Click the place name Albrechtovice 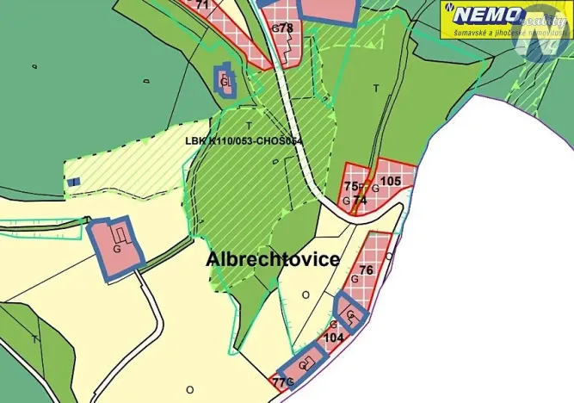coord(274,259)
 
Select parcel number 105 coord(391,181)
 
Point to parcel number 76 coord(366,270)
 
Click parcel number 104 coord(334,338)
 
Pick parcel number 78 coord(287,28)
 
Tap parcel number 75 coord(350,186)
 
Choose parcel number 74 coord(360,200)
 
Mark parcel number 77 coord(277,381)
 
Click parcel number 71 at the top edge coord(202,5)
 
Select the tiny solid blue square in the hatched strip coord(75,182)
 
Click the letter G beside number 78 coord(275,28)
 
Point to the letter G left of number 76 coord(354,279)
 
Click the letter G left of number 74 coord(346,201)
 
